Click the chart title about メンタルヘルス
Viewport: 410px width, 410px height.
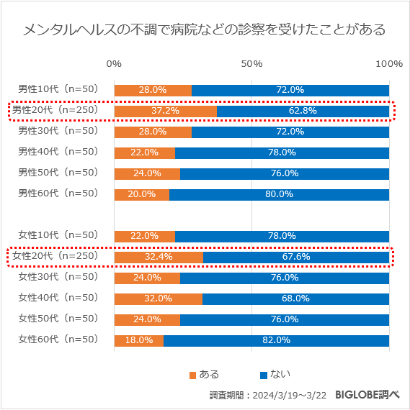[x=205, y=29]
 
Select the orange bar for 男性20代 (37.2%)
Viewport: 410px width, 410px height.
[x=165, y=111]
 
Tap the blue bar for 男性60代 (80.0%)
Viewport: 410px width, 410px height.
[x=279, y=194]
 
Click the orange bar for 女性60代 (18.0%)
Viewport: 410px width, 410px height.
[x=138, y=340]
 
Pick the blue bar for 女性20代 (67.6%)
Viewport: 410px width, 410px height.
[x=295, y=257]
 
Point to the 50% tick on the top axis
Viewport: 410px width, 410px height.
[x=251, y=64]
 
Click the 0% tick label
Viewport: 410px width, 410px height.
[x=114, y=64]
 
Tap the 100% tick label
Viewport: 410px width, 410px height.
[x=389, y=64]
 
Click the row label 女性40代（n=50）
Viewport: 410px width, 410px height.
[x=58, y=298]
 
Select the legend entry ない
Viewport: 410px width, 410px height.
[x=275, y=374]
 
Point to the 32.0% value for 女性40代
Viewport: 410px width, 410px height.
[x=158, y=299]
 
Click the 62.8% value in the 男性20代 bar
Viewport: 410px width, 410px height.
[x=303, y=111]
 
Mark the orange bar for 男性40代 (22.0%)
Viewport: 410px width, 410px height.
[x=144, y=152]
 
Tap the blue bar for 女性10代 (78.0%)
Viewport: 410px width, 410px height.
[x=282, y=236]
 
